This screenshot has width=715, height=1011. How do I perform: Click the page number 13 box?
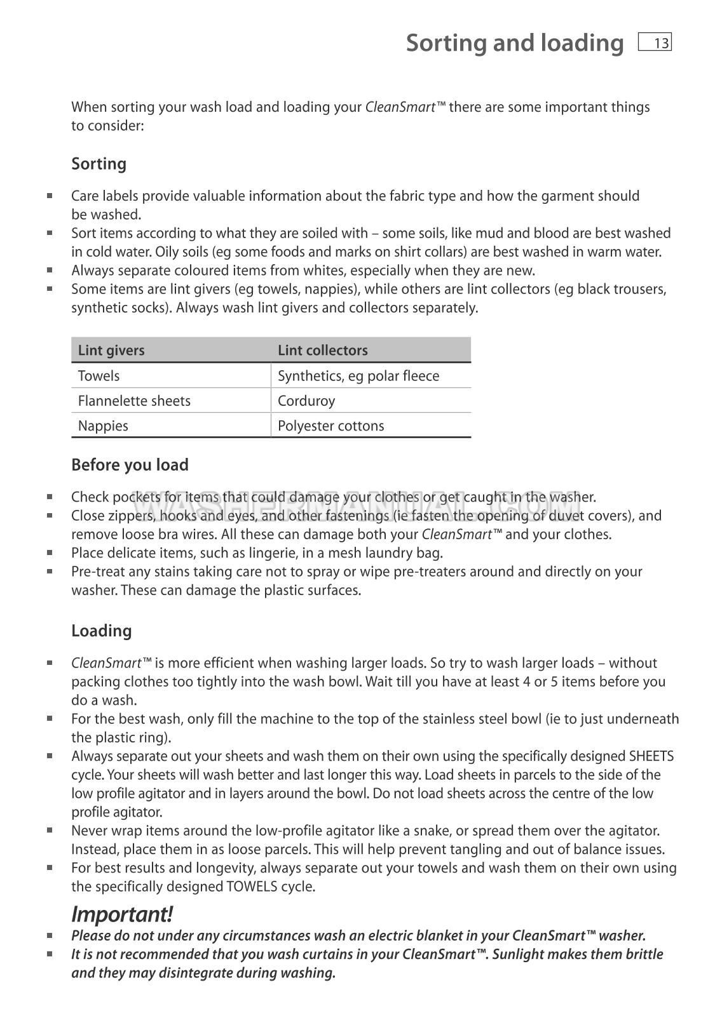point(655,43)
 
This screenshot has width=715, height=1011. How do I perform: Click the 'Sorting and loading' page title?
point(515,43)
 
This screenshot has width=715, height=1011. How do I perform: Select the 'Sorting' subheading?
point(99,164)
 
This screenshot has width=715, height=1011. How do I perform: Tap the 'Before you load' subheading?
point(130,465)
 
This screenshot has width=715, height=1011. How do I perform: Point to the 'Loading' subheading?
point(102,631)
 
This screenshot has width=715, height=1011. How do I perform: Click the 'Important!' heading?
point(121,914)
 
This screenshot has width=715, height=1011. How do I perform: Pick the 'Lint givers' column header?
point(111,350)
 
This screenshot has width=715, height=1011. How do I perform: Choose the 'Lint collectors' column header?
point(323,350)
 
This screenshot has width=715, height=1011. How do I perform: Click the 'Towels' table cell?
point(99,375)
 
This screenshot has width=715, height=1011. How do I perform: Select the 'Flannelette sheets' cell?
point(134,401)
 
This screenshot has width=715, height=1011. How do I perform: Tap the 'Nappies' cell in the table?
point(103,425)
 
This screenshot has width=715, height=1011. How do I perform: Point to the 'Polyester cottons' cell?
point(331,425)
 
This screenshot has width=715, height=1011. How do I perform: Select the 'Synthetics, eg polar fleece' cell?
point(358,375)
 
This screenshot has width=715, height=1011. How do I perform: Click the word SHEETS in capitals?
point(651,756)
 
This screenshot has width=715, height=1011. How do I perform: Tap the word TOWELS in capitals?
point(252,887)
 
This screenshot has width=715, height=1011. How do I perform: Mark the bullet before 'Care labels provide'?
point(50,196)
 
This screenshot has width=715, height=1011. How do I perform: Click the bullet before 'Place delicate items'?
point(50,552)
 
